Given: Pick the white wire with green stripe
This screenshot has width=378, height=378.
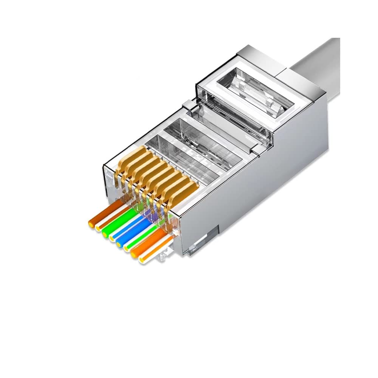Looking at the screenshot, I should coord(138,238).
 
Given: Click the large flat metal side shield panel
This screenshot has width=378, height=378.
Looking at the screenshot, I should coord(265,189).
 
